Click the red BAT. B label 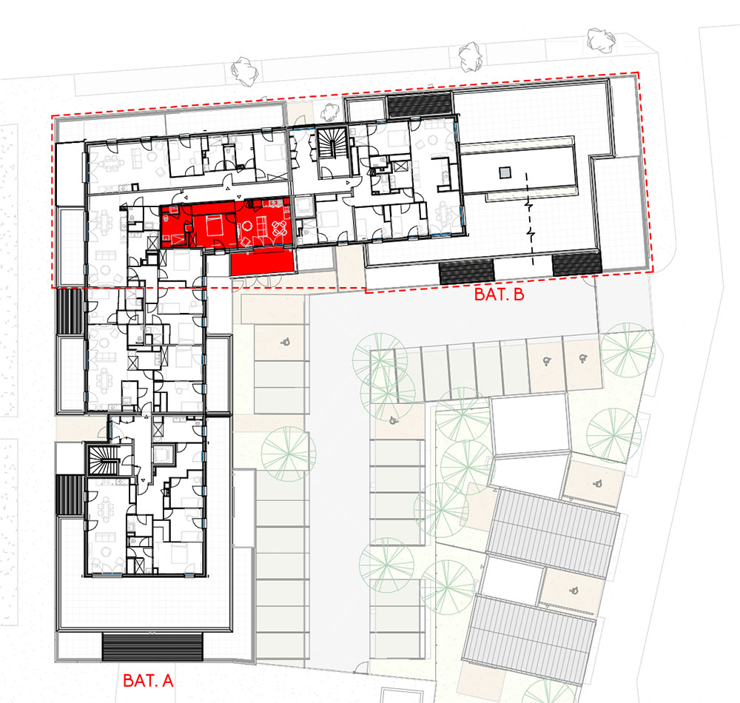tap(499, 295)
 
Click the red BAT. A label tap(148, 680)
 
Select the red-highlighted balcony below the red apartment tap(263, 263)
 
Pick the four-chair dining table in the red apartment tap(280, 229)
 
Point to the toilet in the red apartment tap(165, 218)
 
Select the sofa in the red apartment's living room tap(260, 226)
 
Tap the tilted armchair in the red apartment tap(245, 241)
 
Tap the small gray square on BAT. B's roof tap(505, 172)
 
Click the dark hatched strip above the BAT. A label tap(152, 647)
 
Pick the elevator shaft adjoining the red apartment tap(304, 206)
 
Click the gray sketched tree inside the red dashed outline tap(330, 112)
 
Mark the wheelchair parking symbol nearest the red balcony tap(285, 343)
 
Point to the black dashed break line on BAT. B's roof tap(531, 219)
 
